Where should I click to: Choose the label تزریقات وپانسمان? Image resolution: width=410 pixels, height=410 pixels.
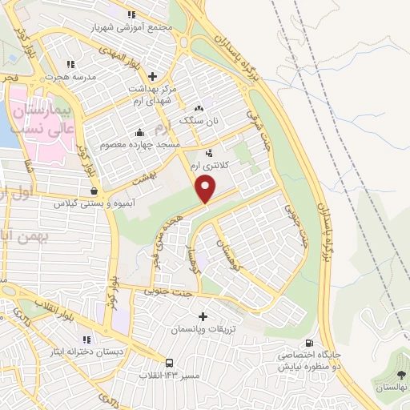202,329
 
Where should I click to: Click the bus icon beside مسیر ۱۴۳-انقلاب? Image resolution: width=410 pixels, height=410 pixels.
170,363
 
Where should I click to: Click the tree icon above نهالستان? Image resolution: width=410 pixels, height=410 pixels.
400,375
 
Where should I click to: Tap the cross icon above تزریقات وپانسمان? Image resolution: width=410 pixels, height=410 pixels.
202,316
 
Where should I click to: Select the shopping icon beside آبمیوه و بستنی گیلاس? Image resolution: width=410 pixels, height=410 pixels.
95,191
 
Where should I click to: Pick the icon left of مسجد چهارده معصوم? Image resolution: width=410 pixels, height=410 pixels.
139,132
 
